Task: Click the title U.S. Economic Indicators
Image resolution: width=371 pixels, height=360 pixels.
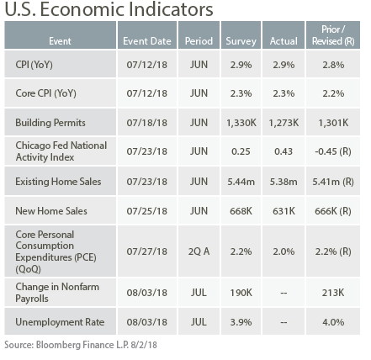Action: pyautogui.click(x=109, y=9)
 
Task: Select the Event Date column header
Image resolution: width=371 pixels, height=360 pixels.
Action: pyautogui.click(x=147, y=41)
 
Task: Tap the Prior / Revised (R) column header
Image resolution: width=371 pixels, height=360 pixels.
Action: pyautogui.click(x=333, y=35)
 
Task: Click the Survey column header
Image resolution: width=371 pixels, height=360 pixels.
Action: pyautogui.click(x=241, y=41)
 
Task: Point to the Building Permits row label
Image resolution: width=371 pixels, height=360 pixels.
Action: pyautogui.click(x=50, y=123)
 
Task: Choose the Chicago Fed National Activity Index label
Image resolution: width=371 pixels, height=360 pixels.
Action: pyautogui.click(x=61, y=151)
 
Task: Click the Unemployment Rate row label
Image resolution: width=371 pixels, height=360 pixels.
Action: pyautogui.click(x=60, y=322)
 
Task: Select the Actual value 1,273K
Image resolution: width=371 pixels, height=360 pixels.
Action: pyautogui.click(x=284, y=123)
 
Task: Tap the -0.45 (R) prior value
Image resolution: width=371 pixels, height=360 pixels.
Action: pyautogui.click(x=333, y=151)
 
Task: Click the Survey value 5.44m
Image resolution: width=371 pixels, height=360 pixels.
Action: pyautogui.click(x=241, y=182)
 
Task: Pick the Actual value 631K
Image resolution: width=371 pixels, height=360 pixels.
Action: pyautogui.click(x=284, y=211)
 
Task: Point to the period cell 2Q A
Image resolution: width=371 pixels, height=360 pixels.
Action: pyautogui.click(x=199, y=251)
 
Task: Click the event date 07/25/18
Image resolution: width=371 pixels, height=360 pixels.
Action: pyautogui.click(x=147, y=211)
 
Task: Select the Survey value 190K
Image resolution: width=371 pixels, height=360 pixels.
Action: pyautogui.click(x=241, y=293)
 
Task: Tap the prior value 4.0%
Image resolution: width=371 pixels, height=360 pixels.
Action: pyautogui.click(x=333, y=322)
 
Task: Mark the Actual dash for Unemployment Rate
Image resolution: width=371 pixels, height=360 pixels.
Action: pyautogui.click(x=284, y=322)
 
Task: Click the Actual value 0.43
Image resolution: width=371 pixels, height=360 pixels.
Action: pyautogui.click(x=284, y=151)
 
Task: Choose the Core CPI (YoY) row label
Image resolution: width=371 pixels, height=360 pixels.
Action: pyautogui.click(x=45, y=93)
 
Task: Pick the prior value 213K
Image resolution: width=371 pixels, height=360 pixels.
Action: pyautogui.click(x=333, y=293)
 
